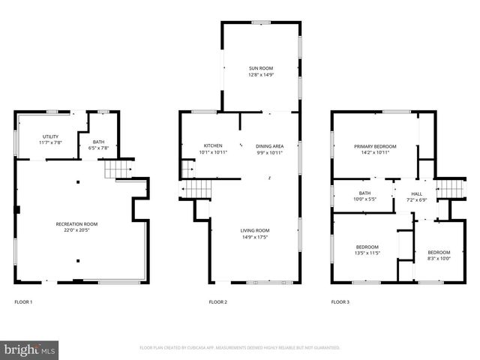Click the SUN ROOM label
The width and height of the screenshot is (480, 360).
(x=261, y=68)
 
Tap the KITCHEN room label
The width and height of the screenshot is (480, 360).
(x=213, y=145)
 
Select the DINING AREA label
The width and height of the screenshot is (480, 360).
(x=269, y=145)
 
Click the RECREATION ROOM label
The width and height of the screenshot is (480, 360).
(x=76, y=223)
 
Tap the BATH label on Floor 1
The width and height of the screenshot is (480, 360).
(x=98, y=142)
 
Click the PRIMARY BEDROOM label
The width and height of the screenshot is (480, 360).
(x=375, y=146)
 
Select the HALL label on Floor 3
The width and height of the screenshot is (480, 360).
(x=416, y=193)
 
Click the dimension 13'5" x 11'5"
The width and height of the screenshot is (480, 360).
(x=367, y=253)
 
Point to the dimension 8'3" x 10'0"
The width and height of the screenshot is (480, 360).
(x=439, y=258)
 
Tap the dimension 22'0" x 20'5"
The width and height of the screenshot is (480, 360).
(x=76, y=230)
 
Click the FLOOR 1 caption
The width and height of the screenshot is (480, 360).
(x=24, y=302)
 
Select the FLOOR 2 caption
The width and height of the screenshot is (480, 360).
(x=218, y=302)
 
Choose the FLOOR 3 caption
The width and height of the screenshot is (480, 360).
(x=340, y=302)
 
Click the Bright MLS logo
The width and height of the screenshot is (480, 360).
(x=30, y=349)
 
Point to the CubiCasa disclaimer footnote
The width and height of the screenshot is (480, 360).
(x=240, y=348)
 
